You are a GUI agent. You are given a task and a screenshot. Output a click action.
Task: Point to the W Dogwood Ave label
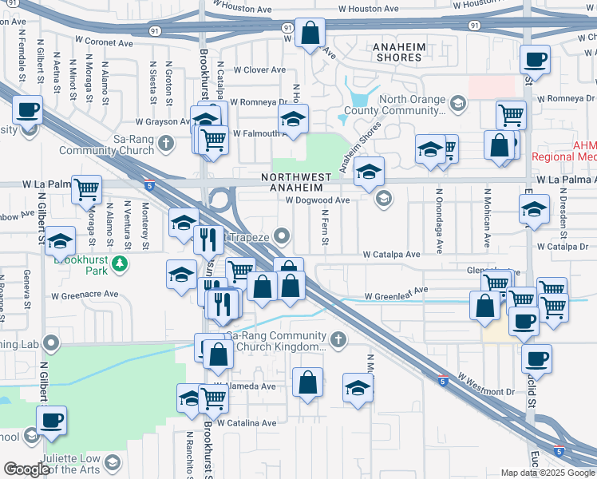click(x=318, y=200)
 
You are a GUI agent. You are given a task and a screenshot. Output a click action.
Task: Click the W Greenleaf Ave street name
click(x=397, y=296)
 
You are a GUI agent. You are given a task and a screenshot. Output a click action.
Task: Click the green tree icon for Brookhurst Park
click(x=120, y=262)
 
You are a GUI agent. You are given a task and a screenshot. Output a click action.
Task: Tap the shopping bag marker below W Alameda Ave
click(x=307, y=383)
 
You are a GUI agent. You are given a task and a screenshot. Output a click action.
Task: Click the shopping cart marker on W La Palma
click(x=86, y=190)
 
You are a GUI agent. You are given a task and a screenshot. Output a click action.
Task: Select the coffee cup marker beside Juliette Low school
click(x=51, y=420)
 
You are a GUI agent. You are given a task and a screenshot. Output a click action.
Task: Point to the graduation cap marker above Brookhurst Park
click(x=59, y=241)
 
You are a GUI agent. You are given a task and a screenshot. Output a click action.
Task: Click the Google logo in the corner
click(x=27, y=469)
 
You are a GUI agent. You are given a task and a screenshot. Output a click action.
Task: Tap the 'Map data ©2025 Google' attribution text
click(x=547, y=473)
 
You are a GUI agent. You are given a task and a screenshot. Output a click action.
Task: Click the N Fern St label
click(x=325, y=228)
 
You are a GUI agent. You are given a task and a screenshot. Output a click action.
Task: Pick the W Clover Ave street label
click(x=259, y=70)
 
